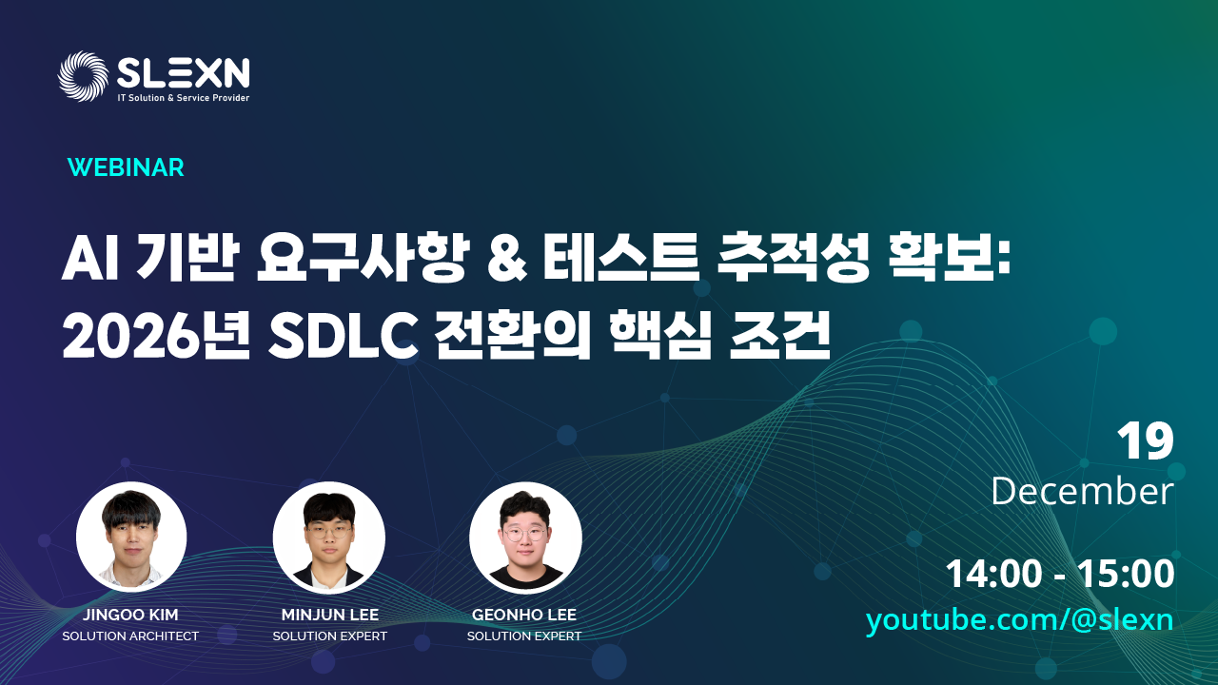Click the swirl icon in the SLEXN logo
(x=83, y=76)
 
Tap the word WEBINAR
(x=126, y=167)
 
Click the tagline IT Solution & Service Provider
(x=184, y=98)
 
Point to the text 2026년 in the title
(x=156, y=336)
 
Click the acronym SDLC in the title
(x=344, y=336)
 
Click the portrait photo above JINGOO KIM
(x=131, y=538)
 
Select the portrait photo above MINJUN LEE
(x=329, y=538)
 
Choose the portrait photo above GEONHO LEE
(x=525, y=538)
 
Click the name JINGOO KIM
(x=130, y=615)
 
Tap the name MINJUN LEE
(x=330, y=615)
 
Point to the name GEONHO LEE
(x=524, y=615)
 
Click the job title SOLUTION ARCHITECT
(x=130, y=636)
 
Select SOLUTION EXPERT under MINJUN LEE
(x=330, y=636)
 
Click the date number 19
(x=1146, y=441)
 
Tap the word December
(x=1083, y=492)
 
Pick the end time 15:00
(x=1126, y=574)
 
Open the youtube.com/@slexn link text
(x=1019, y=620)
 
